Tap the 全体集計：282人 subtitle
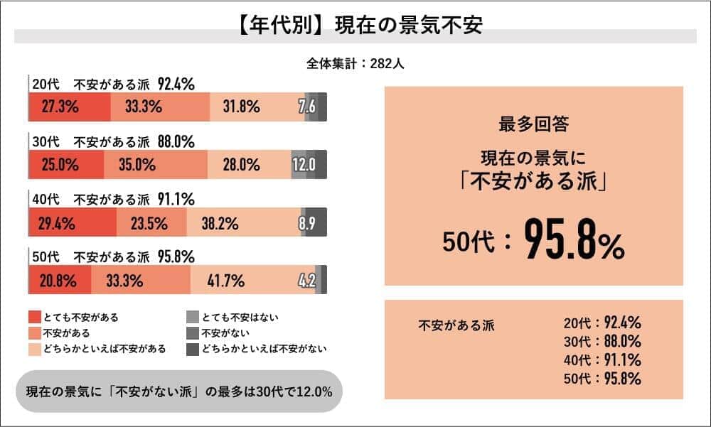tap(355, 63)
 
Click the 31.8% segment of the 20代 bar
tap(241, 107)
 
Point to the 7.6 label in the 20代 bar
tap(308, 107)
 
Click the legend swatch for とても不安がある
tap(35, 318)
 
